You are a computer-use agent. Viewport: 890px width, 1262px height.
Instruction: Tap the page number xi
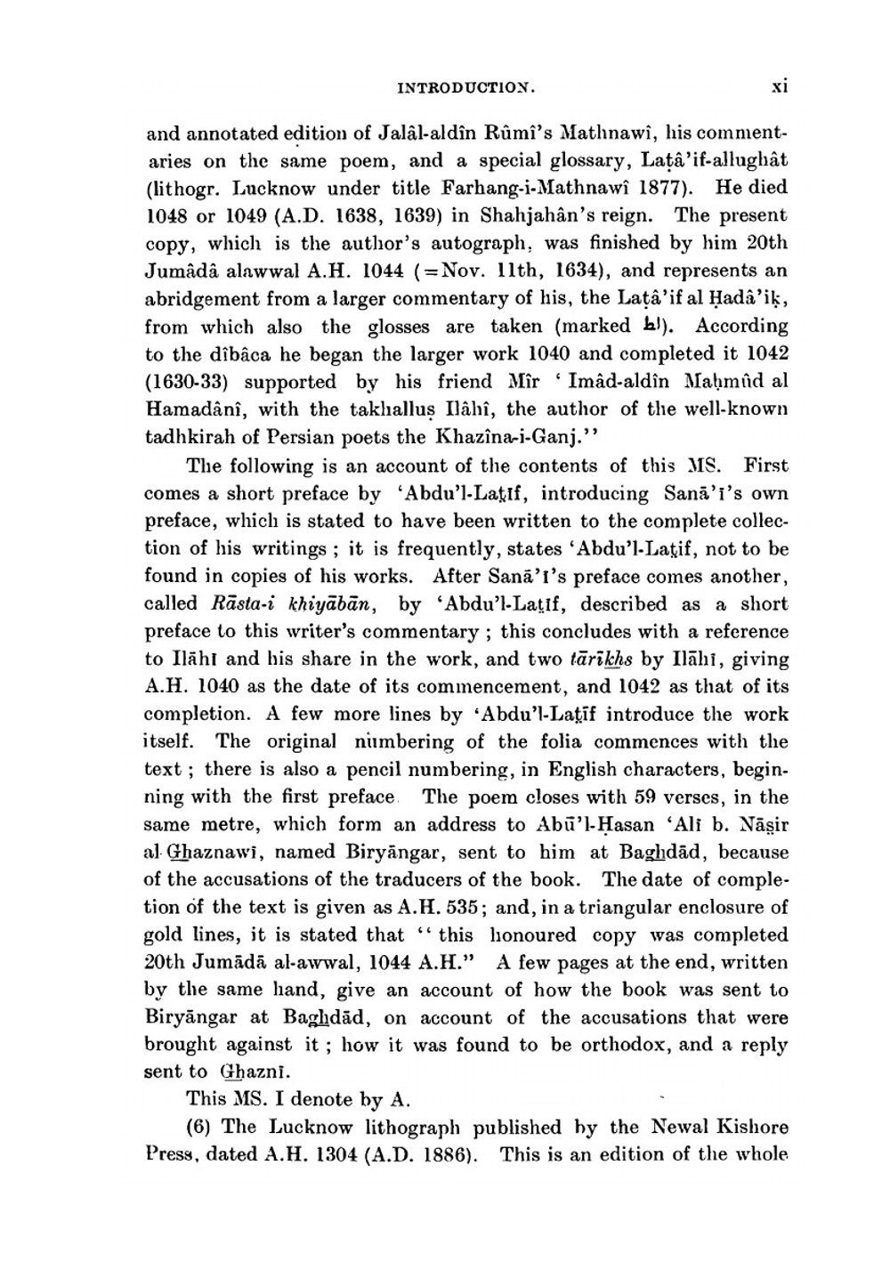[780, 87]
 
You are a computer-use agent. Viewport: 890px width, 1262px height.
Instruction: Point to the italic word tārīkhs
[598, 659]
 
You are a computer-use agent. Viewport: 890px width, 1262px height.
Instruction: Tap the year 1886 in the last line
[437, 1155]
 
